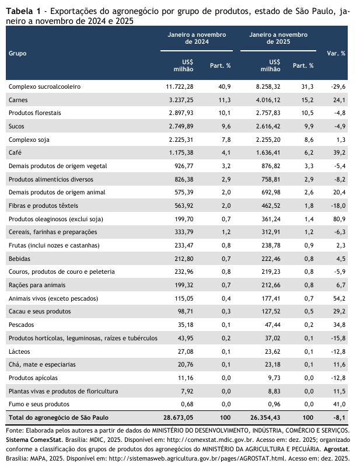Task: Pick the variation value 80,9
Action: pyautogui.click(x=339, y=219)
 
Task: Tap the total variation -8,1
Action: pyautogui.click(x=338, y=418)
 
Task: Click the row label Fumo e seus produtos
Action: pyautogui.click(x=38, y=404)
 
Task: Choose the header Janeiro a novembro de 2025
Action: pyautogui.click(x=274, y=38)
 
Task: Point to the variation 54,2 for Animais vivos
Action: pyautogui.click(x=339, y=298)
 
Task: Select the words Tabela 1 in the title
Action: pyautogui.click(x=23, y=11)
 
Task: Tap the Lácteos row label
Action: pyautogui.click(x=20, y=351)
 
